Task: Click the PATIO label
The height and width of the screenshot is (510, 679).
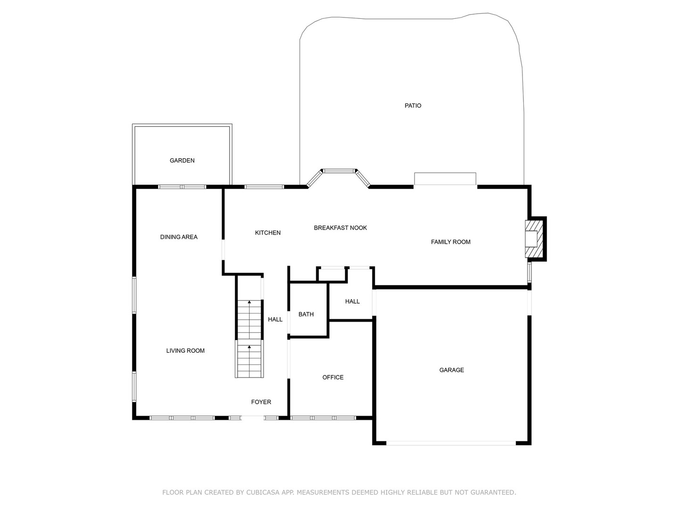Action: point(413,106)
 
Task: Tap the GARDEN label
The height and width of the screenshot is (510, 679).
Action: point(182,161)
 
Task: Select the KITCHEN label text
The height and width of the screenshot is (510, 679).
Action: point(267,233)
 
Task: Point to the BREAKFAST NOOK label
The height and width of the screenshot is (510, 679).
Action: point(340,228)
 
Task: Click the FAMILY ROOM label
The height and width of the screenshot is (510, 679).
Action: point(450,242)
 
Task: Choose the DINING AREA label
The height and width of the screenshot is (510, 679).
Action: point(179,237)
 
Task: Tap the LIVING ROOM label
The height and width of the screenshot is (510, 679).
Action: point(185,351)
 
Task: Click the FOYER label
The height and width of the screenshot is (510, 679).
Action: point(261,402)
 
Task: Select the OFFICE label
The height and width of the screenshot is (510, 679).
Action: point(332,377)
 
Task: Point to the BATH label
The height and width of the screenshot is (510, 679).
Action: point(306,314)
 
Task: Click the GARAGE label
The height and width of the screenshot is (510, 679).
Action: point(451,370)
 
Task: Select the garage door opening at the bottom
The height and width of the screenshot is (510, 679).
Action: point(451,443)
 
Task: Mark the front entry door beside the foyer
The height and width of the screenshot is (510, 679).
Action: point(253,418)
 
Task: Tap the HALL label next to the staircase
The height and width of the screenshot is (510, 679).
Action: point(275,320)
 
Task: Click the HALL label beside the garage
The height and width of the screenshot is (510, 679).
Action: point(352,301)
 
